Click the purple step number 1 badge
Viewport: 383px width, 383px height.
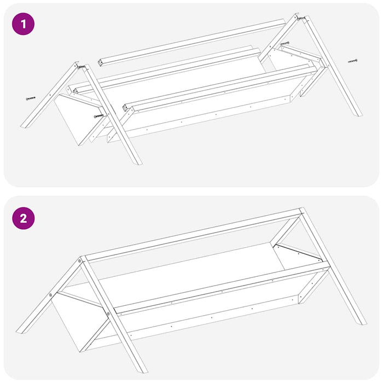tap(23, 24)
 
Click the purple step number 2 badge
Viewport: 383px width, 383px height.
tap(23, 219)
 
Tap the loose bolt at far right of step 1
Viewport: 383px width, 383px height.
tap(352, 61)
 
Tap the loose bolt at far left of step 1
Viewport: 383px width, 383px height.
tap(30, 98)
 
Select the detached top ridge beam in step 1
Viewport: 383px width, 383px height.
tap(191, 40)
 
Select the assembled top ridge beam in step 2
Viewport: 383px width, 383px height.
tap(191, 233)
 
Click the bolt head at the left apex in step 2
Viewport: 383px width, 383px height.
tap(80, 262)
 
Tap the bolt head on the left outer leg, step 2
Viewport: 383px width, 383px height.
tap(51, 295)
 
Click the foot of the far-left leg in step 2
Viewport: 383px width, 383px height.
tap(22, 330)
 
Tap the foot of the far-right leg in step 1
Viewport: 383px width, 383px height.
tap(356, 113)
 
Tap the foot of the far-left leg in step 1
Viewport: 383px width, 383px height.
tap(24, 124)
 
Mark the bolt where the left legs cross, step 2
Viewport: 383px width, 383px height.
tap(108, 314)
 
